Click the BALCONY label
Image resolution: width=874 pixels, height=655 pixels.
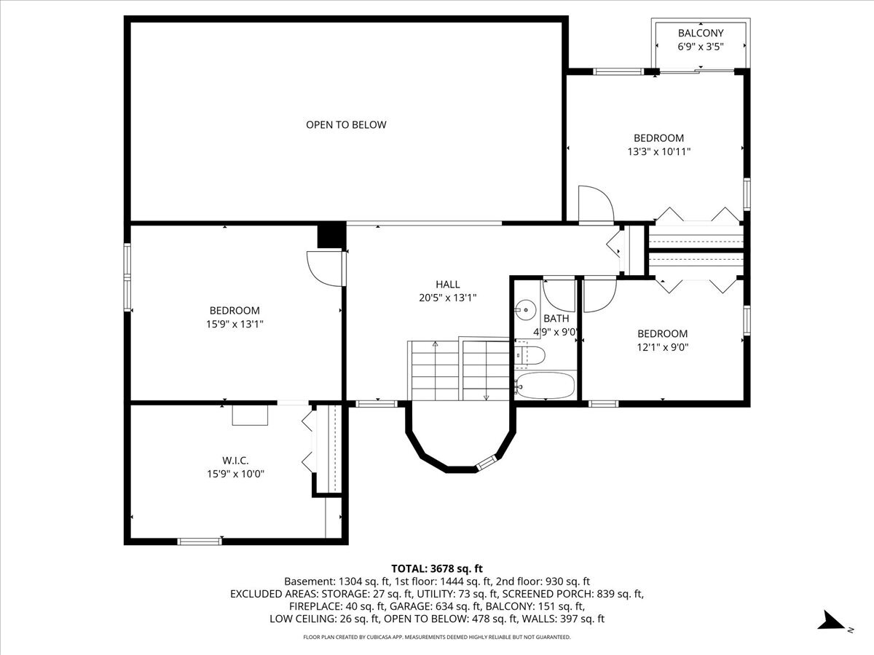701,33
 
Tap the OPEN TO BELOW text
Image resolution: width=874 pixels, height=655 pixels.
346,125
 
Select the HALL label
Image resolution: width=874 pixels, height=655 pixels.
447,285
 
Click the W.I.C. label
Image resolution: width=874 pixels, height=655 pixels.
235,461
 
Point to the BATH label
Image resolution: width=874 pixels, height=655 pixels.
556,319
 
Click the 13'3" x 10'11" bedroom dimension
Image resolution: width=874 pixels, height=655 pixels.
659,151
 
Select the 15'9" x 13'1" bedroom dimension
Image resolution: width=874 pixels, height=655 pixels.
235,324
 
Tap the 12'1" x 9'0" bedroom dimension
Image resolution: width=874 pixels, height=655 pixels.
663,347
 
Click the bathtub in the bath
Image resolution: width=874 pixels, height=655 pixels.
545,385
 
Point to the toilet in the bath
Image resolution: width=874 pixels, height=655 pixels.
529,355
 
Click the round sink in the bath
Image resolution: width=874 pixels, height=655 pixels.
526,310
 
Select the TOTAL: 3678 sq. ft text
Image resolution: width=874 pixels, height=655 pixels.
437,568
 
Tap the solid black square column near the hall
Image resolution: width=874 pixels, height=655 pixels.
331,235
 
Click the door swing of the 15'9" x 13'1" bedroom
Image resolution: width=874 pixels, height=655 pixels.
325,269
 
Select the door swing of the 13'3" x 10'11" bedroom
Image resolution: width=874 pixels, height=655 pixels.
596,204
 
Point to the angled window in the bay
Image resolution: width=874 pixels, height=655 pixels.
488,461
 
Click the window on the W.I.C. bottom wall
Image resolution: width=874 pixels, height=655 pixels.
200,541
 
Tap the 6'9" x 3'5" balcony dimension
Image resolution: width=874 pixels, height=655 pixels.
701,47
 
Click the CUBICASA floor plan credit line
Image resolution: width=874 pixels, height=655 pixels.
437,637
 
